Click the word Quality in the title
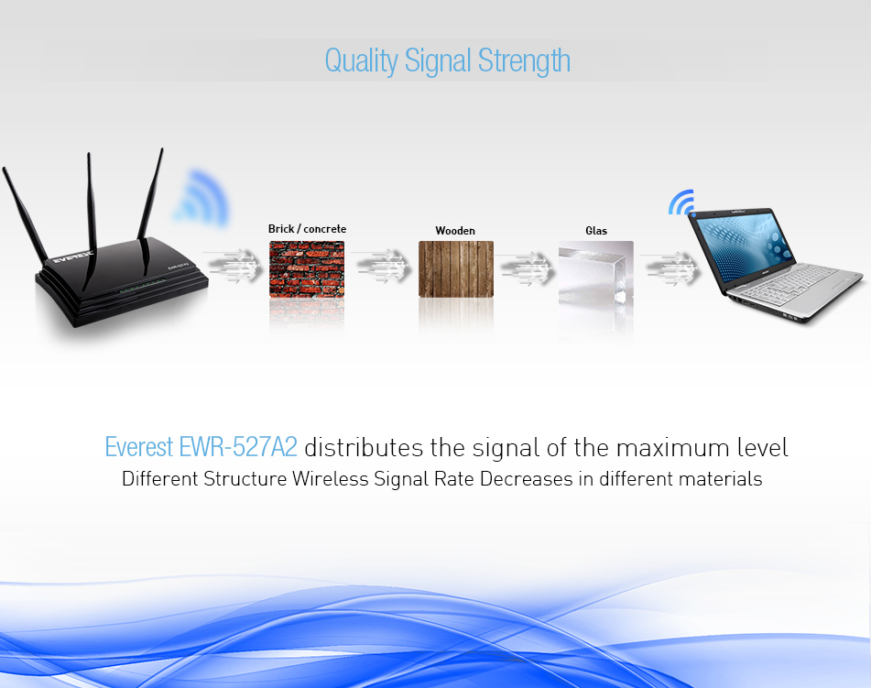pos(361,60)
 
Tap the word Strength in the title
pos(524,60)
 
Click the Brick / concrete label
pos(307,229)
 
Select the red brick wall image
pos(307,269)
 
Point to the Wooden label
pos(455,231)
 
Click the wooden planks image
pos(456,269)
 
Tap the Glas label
pos(596,231)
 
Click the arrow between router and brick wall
pos(234,265)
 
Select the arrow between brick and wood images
pos(382,265)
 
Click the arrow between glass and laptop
pos(670,268)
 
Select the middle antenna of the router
pos(91,221)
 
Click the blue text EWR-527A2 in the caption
pos(238,447)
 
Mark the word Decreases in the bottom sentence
pos(526,478)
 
